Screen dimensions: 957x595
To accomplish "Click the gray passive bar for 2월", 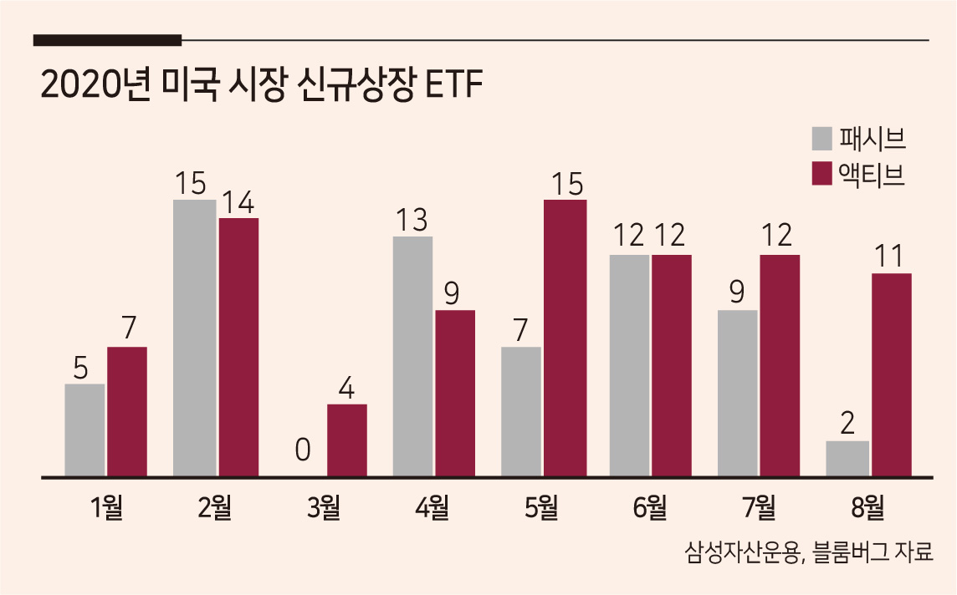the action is coord(195,338).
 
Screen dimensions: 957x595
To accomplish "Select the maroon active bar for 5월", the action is coord(565,338).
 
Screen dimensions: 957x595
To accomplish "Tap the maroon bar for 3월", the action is coord(346,440).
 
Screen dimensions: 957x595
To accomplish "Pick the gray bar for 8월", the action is coord(847,459).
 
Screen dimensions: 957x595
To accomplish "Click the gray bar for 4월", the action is coord(412,356).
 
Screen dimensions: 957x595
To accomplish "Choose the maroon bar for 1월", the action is coord(127,411).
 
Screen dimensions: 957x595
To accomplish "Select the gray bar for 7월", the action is coord(737,394).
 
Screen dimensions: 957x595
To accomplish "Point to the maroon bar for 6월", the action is coord(672,365).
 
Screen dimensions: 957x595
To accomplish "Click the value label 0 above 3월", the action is coord(303,450).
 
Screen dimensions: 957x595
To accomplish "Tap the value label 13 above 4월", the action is coord(412,220).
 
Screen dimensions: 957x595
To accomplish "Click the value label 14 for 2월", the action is coord(238,201).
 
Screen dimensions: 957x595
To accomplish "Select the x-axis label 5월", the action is coord(541,507).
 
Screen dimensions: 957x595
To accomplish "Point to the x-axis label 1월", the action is coord(107,507).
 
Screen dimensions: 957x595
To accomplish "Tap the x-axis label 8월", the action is coord(867,507).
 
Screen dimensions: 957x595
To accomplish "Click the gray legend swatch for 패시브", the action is coord(821,139).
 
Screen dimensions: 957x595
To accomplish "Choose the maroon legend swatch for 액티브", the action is coord(821,173).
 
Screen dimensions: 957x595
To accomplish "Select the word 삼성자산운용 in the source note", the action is coord(740,552).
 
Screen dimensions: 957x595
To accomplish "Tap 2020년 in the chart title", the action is coord(95,85).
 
